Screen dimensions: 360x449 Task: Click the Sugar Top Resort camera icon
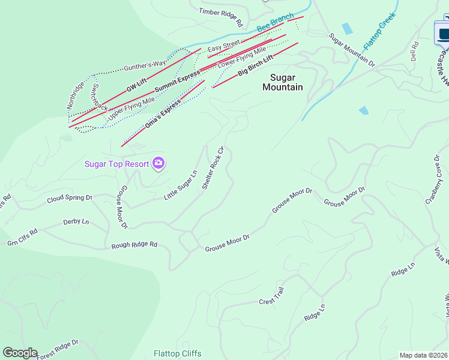click(x=158, y=163)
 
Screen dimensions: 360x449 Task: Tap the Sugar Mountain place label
click(x=283, y=82)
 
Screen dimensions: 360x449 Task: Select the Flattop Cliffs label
click(x=177, y=353)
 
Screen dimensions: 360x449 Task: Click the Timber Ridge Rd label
click(x=220, y=17)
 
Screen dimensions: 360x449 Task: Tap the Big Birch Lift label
click(x=256, y=65)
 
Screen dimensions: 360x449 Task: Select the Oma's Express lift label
click(x=163, y=115)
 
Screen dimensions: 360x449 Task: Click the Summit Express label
click(x=177, y=82)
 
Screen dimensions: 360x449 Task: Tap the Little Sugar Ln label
click(x=181, y=186)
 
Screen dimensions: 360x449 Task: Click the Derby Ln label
click(x=76, y=222)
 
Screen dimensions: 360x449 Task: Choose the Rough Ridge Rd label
click(x=134, y=245)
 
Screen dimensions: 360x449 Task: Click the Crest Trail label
click(x=271, y=298)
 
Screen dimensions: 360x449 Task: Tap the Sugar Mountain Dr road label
click(x=352, y=50)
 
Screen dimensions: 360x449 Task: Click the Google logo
click(x=20, y=353)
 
